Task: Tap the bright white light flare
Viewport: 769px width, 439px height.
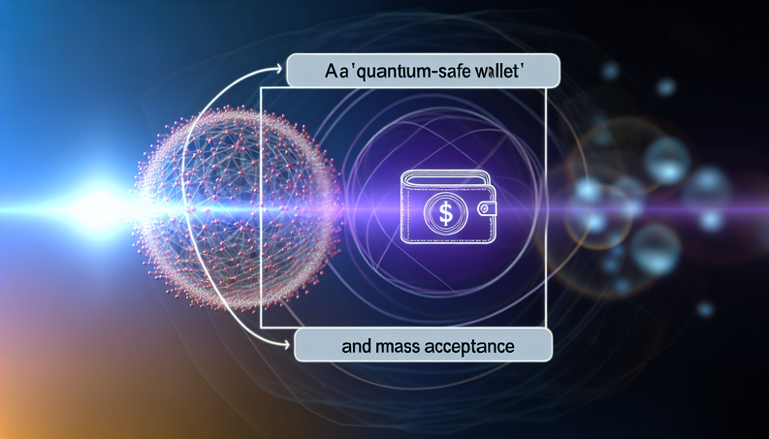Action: pos(97,204)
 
